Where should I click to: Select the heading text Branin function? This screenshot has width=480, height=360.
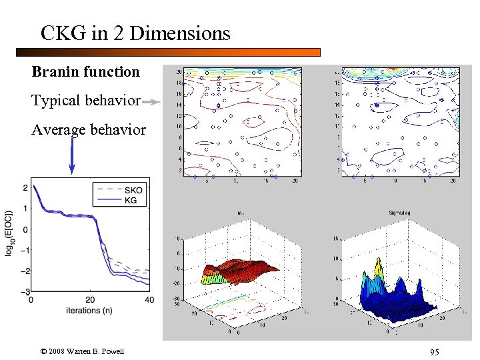point(85,72)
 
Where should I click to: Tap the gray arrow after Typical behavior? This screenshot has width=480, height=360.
point(152,102)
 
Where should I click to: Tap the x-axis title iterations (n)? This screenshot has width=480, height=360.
point(90,309)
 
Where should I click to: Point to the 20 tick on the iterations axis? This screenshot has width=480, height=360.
point(91,299)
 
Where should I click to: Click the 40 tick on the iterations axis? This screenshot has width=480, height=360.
point(149,299)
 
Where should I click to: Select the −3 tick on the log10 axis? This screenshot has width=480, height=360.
point(25,292)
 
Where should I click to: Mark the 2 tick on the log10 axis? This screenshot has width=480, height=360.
point(26,188)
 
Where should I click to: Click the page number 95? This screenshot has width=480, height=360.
point(434,352)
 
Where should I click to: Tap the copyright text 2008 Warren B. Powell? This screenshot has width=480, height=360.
point(86,351)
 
